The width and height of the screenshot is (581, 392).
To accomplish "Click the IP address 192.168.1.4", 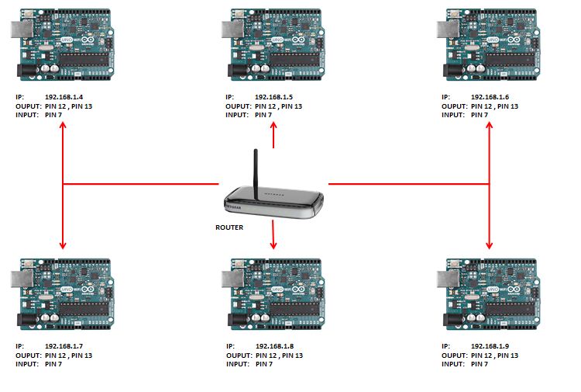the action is tap(64, 97).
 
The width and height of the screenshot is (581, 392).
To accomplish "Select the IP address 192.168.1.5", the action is tap(273, 97).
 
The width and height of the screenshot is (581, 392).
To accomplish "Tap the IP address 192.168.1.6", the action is tap(490, 97).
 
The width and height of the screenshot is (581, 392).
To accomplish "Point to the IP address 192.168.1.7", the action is tap(64, 346).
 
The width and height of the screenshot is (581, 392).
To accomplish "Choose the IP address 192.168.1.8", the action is tap(274, 346).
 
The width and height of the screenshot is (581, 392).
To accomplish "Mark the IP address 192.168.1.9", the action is tap(490, 346).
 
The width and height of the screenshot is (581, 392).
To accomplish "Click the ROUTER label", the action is tap(229, 227).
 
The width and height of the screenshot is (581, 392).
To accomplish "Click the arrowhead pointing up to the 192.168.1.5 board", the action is tap(273, 126).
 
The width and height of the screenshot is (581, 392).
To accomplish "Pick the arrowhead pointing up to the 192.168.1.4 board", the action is tap(63, 126).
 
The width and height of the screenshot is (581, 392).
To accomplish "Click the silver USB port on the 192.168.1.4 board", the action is tap(22, 29).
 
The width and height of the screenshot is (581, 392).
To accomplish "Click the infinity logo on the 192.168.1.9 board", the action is tap(514, 290).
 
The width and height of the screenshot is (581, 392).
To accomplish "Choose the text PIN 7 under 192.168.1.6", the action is tap(480, 115).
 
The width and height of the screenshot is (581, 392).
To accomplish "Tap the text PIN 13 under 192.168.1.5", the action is tap(291, 106).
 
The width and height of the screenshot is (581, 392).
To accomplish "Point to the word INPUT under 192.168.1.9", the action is tap(453, 364).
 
